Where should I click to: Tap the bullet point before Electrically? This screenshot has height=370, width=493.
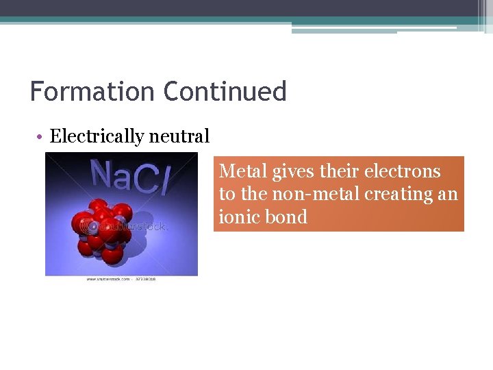pos(41,137)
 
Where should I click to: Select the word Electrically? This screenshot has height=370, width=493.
pos(97,136)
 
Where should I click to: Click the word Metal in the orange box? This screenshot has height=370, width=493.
pos(236,171)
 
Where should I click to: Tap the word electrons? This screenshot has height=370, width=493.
pos(403,171)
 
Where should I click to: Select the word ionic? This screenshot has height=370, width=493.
pos(238,217)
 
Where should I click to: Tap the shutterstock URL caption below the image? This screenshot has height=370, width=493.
pos(121,280)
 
